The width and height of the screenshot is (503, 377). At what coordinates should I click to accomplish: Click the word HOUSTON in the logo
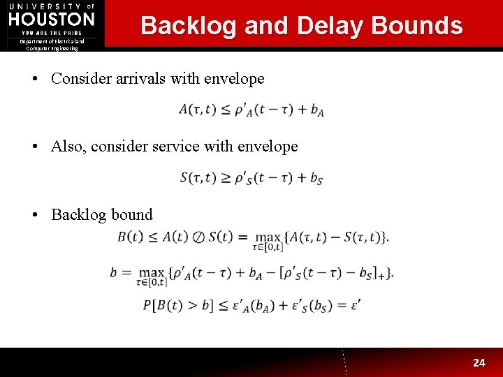click(52, 19)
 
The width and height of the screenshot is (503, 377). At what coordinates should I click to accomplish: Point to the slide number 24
click(479, 362)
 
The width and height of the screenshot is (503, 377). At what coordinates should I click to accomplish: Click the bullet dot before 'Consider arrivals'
click(35, 79)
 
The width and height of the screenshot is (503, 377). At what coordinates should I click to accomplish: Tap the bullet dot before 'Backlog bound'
click(35, 215)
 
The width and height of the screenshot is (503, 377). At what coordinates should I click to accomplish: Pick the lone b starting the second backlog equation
click(114, 272)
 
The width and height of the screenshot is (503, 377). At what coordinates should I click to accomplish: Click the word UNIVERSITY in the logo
click(45, 6)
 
